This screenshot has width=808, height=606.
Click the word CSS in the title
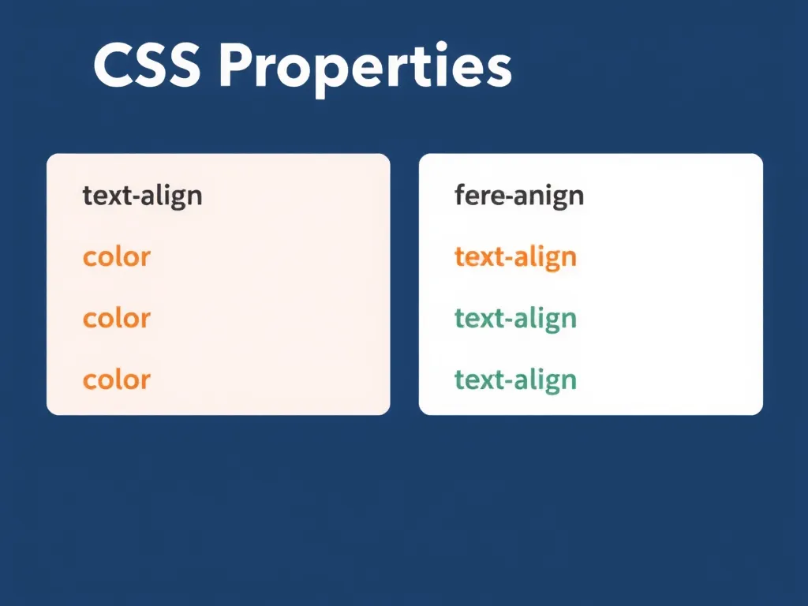tap(147, 68)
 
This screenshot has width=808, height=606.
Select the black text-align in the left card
tap(142, 196)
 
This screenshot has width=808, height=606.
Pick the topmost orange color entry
tap(116, 257)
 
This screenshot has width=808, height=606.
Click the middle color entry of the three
tap(116, 319)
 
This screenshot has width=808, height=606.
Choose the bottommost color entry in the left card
tap(116, 380)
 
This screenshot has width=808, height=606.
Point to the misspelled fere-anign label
tap(519, 196)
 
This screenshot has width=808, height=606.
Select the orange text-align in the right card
tap(515, 257)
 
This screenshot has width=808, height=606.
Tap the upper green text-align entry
tap(515, 319)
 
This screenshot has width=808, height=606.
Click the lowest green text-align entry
tap(515, 380)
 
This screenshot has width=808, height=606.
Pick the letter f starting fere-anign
tap(460, 194)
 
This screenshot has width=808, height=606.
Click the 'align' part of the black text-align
tap(170, 196)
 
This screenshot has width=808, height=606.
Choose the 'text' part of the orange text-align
tap(479, 257)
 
